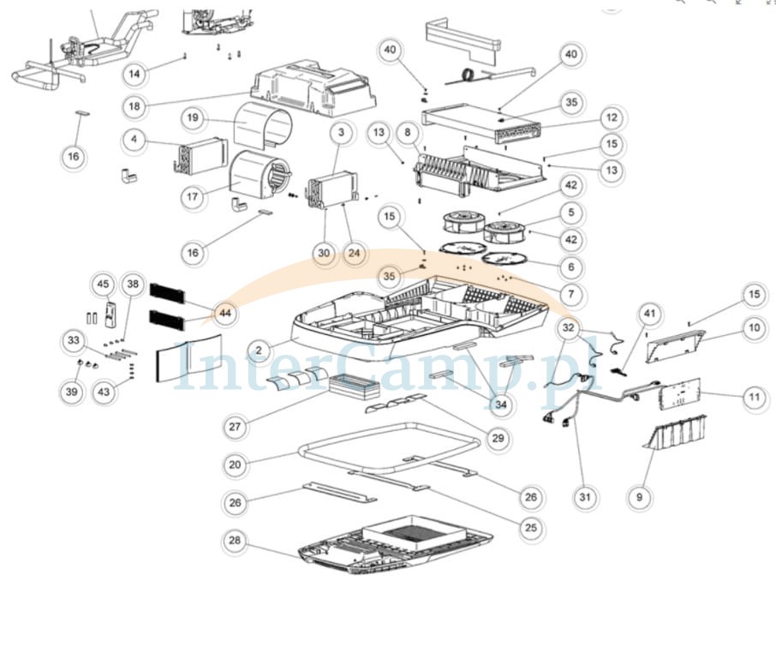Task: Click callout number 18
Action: [x=134, y=106]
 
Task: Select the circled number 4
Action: [x=134, y=140]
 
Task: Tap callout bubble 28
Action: [x=235, y=540]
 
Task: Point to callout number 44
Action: [x=225, y=314]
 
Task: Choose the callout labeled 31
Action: [x=585, y=496]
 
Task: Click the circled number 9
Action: [x=640, y=496]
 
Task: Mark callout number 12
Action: [x=612, y=118]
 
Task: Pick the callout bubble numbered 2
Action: [x=259, y=350]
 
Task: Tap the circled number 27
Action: [x=235, y=426]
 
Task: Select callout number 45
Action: [x=103, y=285]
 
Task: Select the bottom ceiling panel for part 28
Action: [x=396, y=546]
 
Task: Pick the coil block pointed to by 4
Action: [x=203, y=155]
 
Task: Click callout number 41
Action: [x=649, y=314]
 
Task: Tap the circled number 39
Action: [x=72, y=392]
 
